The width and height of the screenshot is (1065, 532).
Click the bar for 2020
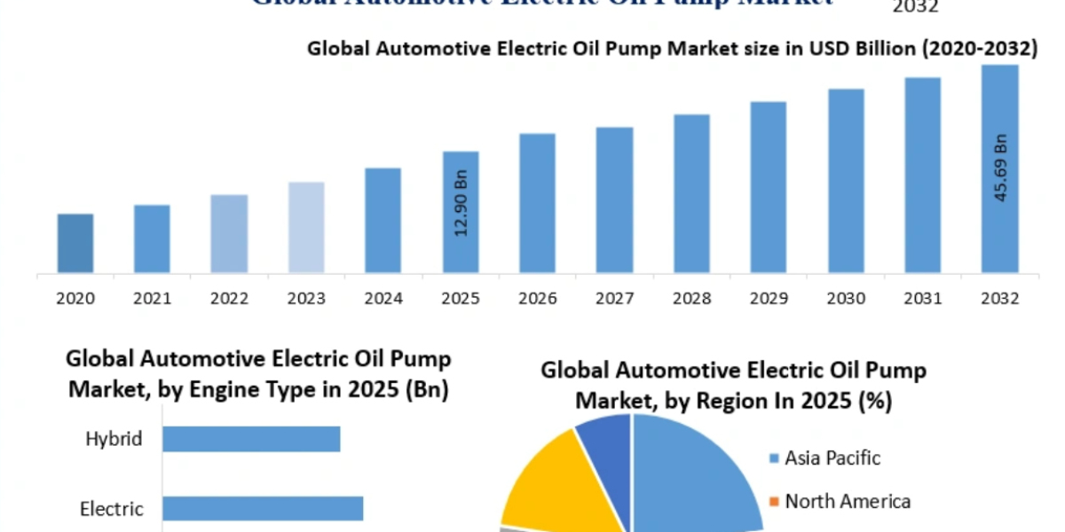click(x=75, y=243)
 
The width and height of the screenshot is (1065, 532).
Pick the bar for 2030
click(x=846, y=181)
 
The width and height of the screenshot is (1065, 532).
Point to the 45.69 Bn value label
click(x=1000, y=169)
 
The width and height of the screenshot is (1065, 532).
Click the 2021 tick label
click(x=152, y=299)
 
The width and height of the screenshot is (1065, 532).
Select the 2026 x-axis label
click(x=537, y=299)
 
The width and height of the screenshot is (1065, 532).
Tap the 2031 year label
click(x=923, y=299)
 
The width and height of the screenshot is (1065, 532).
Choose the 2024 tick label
click(x=383, y=299)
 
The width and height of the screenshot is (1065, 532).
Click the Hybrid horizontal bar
click(x=251, y=439)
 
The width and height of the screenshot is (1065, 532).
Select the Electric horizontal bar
click(x=263, y=508)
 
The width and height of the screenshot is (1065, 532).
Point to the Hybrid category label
click(x=114, y=439)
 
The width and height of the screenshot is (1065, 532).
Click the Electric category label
click(x=111, y=509)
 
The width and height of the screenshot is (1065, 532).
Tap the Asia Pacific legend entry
click(x=832, y=458)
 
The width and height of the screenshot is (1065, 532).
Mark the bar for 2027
click(x=614, y=199)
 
